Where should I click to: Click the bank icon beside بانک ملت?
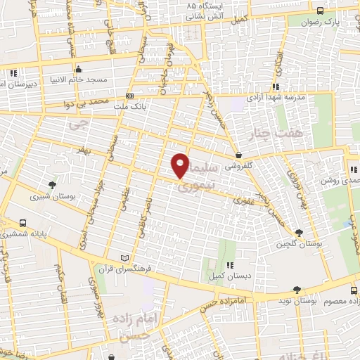pos(129,96)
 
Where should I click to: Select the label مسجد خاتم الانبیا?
pos(102,79)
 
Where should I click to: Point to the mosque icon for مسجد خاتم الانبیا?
pos(77,69)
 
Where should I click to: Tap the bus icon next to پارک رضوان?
pos(321,11)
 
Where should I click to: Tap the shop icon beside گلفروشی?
pos(239,155)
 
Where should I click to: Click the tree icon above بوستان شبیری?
pos(53,185)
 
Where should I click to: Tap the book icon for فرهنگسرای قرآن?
pos(125,258)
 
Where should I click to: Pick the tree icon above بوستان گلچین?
pos(300,232)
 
